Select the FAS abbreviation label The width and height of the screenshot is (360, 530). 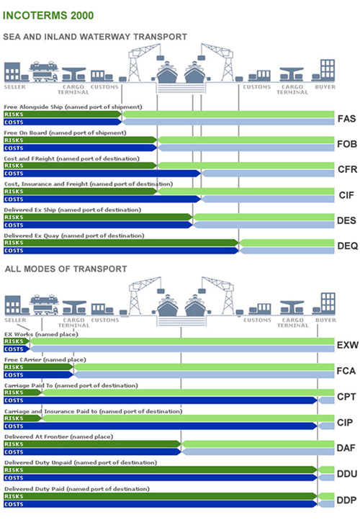[346, 118]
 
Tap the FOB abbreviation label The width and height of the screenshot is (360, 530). [346, 144]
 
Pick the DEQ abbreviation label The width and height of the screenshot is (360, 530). [346, 246]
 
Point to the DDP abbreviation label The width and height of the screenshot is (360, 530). [346, 500]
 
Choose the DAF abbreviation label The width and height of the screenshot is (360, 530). [346, 448]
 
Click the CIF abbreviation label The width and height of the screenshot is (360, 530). [346, 195]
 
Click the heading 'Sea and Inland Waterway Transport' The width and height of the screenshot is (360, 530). [95, 36]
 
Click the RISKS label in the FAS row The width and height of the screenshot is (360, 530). [14, 114]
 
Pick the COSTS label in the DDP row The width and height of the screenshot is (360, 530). [14, 504]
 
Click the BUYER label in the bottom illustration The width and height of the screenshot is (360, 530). [325, 320]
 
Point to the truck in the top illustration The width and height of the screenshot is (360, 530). [43, 71]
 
